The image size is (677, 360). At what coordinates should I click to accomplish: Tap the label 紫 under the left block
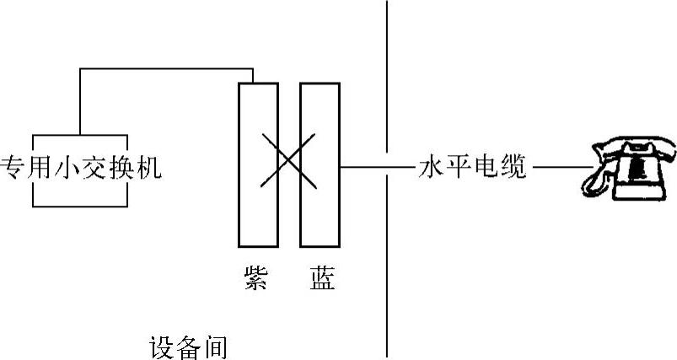(x=254, y=278)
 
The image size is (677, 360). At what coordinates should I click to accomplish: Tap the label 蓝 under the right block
(x=320, y=278)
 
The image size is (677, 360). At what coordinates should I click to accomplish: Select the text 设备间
(x=188, y=347)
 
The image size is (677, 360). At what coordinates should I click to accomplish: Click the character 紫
(x=254, y=278)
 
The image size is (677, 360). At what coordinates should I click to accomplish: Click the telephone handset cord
(x=595, y=181)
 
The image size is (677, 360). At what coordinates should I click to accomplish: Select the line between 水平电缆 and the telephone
(x=556, y=167)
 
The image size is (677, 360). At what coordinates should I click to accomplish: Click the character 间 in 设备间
(x=214, y=347)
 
